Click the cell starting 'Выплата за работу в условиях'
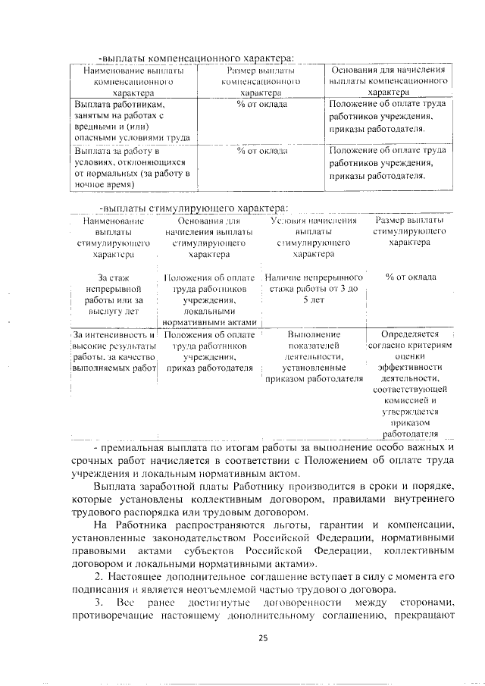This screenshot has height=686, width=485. coord(130,167)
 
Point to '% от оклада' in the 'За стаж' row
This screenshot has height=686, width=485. coord(410,277)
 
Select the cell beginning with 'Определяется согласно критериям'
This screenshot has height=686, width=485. coord(410,383)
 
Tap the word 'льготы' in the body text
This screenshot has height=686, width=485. coord(291,525)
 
